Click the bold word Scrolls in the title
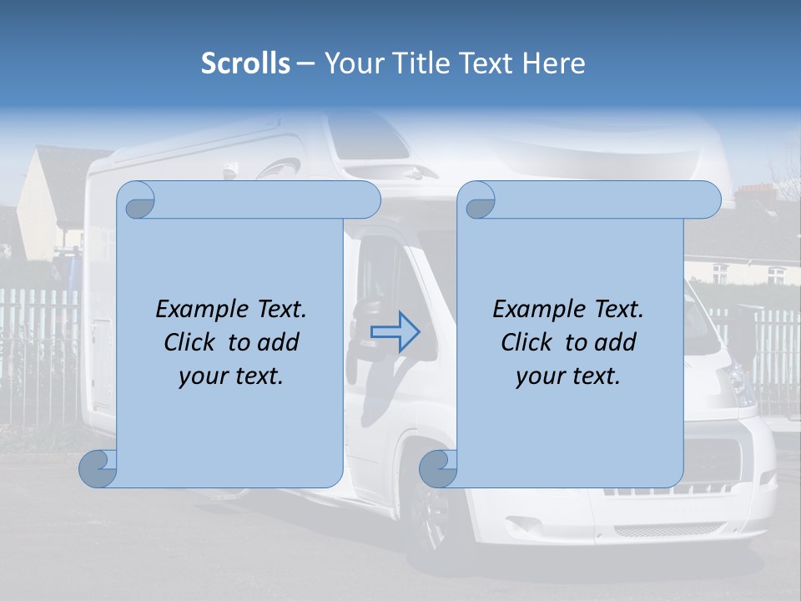point(246,63)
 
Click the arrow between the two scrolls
point(395,331)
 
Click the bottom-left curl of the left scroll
point(98,469)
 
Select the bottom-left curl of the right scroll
point(438,469)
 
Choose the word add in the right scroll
point(618,343)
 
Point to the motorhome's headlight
point(738,384)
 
